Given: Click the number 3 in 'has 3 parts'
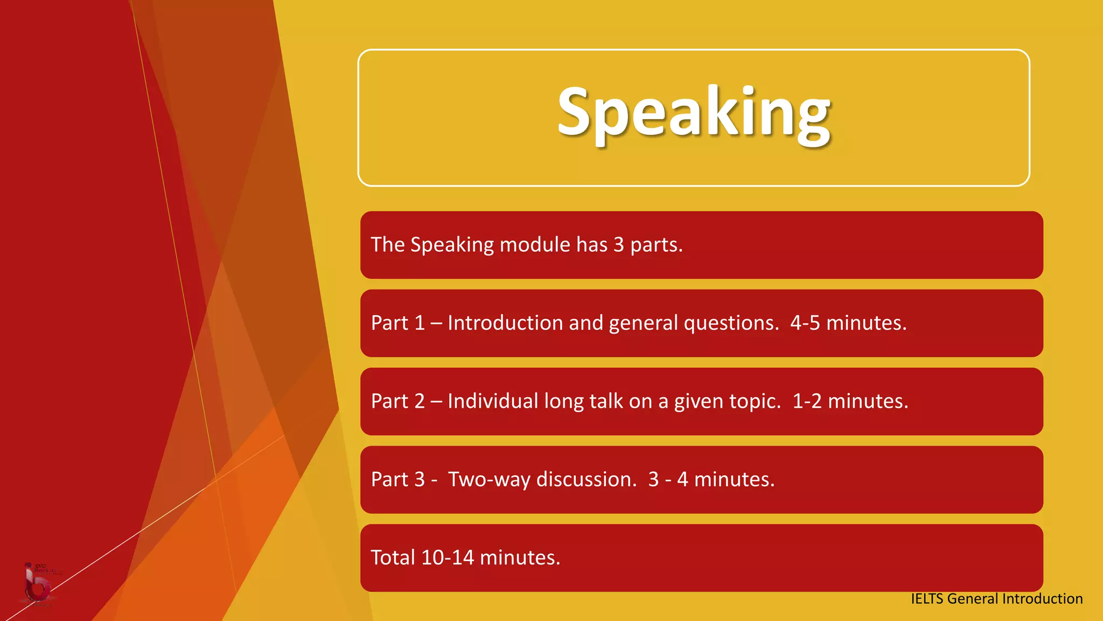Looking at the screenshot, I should point(618,245).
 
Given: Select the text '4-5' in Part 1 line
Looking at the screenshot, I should point(805,323).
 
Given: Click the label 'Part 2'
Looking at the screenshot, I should point(397,402).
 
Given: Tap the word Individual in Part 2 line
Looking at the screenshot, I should point(493,402).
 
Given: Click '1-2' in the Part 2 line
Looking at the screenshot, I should point(807,402).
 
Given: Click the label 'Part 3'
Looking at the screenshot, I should point(397,480).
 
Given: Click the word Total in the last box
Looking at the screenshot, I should point(393,558).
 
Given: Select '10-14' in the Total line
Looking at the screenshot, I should point(447,558).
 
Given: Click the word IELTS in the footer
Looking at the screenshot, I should point(926,599).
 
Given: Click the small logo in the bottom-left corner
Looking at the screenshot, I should point(38,585).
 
